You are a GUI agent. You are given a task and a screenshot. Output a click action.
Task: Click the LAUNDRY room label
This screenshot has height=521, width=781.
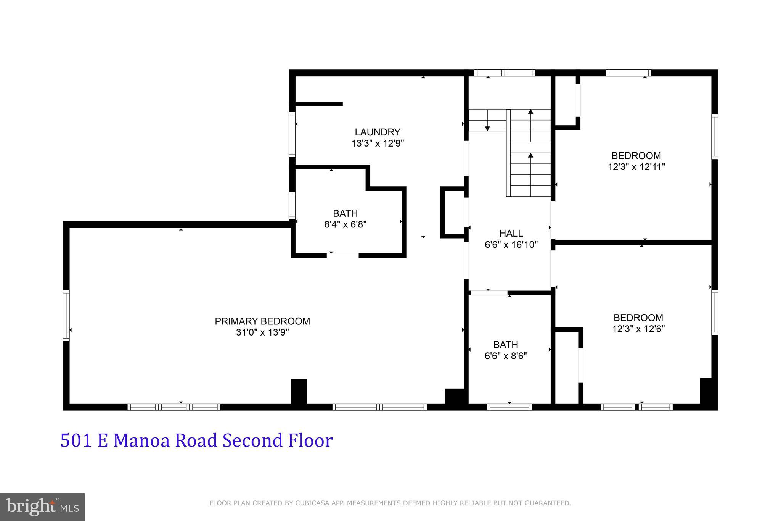coord(377,132)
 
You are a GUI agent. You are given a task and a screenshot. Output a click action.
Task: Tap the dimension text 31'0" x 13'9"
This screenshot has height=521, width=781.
coord(262,332)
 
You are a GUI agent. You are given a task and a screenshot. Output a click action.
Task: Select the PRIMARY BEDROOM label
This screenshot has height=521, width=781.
coord(262,321)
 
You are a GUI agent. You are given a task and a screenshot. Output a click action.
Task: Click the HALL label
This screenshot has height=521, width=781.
coord(511,233)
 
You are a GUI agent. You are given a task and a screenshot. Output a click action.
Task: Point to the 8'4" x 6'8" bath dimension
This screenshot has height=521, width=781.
coord(345,224)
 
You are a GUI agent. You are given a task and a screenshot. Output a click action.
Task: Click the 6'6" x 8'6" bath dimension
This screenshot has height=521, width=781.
coord(506,356)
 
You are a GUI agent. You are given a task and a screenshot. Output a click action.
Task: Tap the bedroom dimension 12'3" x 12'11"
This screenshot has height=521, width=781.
coord(636,167)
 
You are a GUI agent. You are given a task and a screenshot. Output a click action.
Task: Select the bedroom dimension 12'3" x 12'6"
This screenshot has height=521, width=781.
coord(638,329)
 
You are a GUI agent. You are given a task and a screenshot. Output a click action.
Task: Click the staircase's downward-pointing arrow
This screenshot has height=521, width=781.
coord(487,128)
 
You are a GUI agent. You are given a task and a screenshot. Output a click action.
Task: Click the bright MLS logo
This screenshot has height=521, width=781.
coord(42,507)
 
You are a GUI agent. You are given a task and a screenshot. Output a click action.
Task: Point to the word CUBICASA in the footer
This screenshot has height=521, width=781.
coord(312,503)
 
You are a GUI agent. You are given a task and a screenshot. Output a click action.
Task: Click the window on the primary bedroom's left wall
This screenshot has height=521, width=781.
coord(66,315)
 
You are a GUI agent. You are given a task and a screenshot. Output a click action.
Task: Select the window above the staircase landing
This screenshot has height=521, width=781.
coord(505,73)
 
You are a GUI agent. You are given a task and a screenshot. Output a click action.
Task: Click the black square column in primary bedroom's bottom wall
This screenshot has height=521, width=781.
coord(299,391)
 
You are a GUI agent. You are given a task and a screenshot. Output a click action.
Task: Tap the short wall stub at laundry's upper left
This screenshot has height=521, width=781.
coord(319,104)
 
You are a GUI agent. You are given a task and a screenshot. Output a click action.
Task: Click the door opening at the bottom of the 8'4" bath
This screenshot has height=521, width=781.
coord(343,255)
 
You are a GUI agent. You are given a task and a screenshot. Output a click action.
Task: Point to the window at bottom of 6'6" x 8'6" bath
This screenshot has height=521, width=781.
coord(509,407)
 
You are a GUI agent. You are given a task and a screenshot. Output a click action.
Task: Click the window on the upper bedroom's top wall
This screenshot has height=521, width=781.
coord(628,73)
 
